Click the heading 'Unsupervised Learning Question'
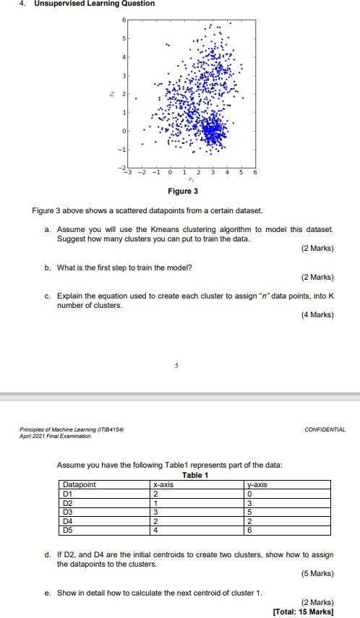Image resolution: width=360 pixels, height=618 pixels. click(x=84, y=4)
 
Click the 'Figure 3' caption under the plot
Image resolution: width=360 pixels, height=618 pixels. click(x=183, y=192)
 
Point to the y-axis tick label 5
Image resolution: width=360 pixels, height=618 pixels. click(x=124, y=37)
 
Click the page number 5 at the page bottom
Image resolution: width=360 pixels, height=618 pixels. click(x=175, y=366)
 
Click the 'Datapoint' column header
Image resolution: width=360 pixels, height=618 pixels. click(x=80, y=484)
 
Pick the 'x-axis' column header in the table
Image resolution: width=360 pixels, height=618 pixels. click(x=165, y=484)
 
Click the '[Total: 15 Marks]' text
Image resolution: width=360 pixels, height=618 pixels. click(x=304, y=611)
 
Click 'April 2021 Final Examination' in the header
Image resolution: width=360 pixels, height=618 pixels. click(x=55, y=436)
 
